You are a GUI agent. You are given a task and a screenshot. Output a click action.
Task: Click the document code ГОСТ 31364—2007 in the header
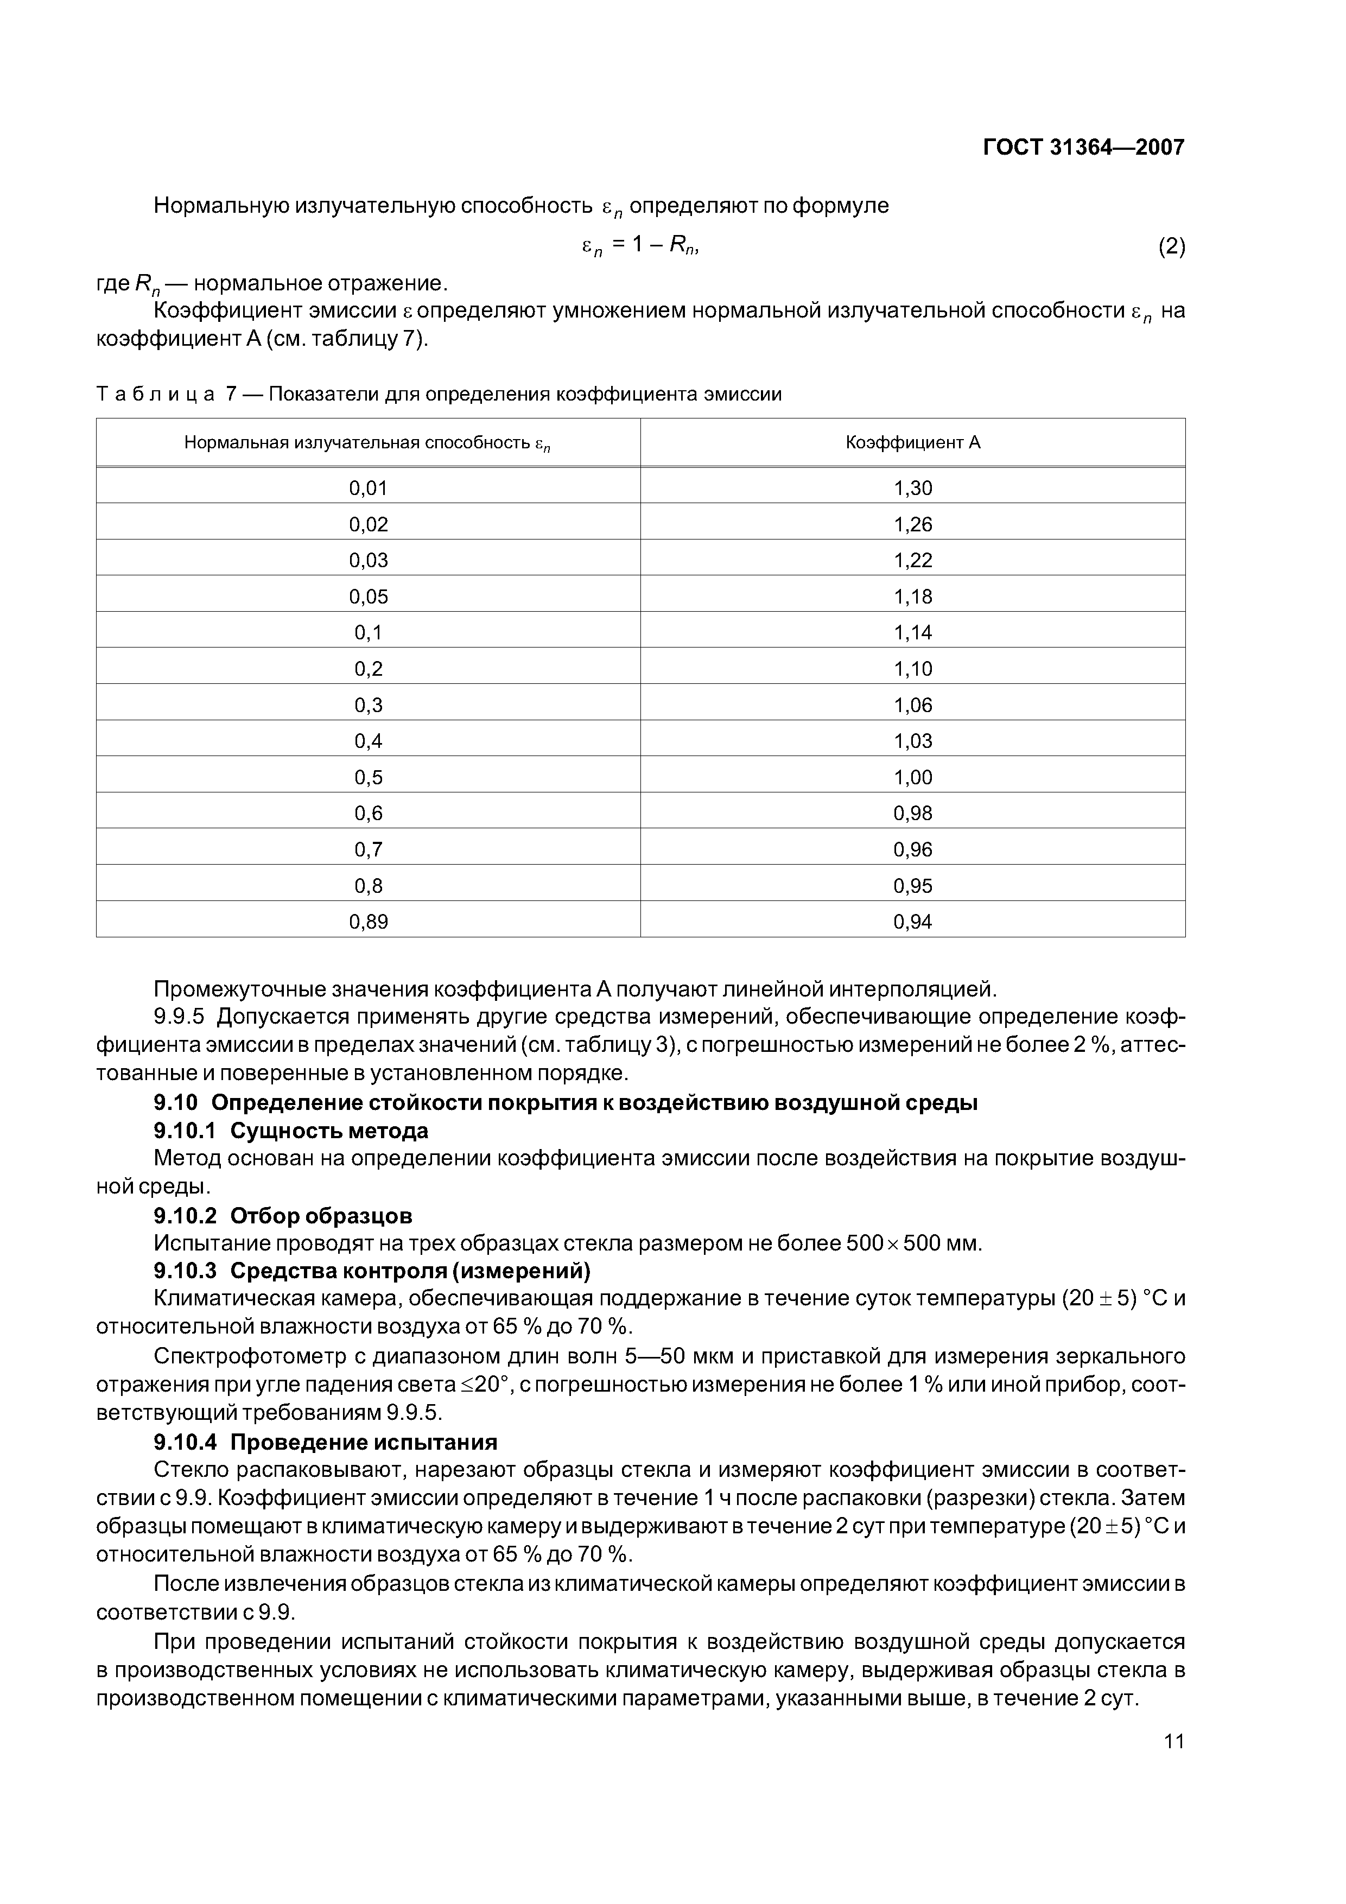pos(1083,148)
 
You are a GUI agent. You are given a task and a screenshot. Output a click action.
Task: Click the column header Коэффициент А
pos(912,443)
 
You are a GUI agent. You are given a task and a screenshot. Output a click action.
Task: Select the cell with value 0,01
pos(368,488)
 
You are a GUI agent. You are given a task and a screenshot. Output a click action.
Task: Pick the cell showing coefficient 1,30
pos(912,488)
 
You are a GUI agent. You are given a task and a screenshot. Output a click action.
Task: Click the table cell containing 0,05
pos(368,597)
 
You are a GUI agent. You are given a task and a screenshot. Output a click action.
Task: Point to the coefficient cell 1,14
pos(912,633)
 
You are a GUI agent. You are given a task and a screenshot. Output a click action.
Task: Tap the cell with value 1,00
pos(912,778)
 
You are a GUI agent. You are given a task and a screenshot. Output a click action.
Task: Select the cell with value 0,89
pos(368,922)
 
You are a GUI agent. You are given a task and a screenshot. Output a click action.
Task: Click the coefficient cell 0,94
pos(912,922)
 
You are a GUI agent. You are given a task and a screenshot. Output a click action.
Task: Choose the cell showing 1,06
pos(912,706)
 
